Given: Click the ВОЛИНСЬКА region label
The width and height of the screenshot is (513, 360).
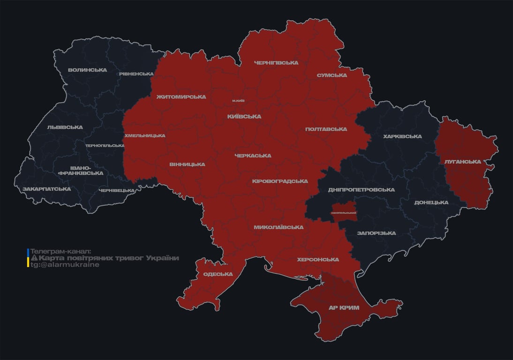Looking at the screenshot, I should click(87, 70).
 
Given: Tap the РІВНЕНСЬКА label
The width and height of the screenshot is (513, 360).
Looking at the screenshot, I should click(136, 74).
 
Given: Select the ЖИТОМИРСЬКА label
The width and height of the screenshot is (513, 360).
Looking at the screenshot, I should click(181, 97).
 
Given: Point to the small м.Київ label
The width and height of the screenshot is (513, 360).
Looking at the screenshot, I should click(238, 101).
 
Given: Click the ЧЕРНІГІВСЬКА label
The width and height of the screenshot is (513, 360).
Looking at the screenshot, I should click(276, 63).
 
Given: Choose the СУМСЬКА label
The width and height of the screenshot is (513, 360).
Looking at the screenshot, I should click(332, 75).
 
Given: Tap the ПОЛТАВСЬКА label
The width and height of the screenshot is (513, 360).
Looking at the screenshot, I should click(326, 129).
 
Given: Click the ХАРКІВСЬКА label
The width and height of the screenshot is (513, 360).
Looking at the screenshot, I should click(402, 136).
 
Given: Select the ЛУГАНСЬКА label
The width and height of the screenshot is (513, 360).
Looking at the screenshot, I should click(462, 162).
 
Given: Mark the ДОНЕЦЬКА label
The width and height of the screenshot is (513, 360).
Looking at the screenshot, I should click(431, 202).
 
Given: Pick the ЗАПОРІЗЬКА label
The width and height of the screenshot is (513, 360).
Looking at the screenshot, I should click(376, 233).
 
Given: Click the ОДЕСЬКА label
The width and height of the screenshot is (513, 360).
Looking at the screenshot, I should click(218, 274).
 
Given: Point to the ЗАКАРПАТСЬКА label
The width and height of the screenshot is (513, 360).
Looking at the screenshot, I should click(47, 189).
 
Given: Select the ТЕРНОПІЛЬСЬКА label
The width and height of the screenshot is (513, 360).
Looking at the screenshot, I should click(105, 146).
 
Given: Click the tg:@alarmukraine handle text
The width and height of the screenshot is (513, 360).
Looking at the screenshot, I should click(65, 265).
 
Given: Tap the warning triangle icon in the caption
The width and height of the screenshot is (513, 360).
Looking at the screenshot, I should click(34, 258).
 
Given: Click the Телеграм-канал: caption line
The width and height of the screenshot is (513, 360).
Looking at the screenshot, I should click(61, 252).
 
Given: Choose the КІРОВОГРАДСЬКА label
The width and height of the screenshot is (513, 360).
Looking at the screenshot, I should click(279, 181).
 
